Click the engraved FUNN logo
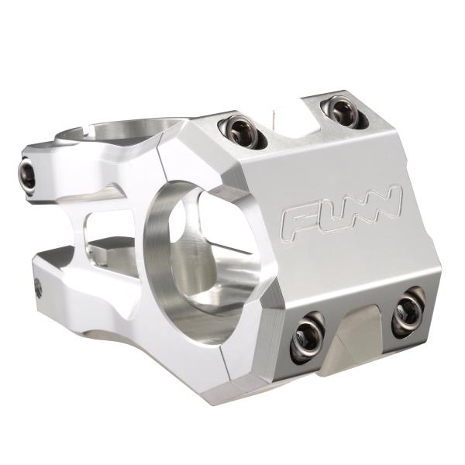pos(342,212)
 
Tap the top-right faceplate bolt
pos(345,111)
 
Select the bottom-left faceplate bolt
pos(307,337)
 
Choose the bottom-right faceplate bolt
pos(408,313)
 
